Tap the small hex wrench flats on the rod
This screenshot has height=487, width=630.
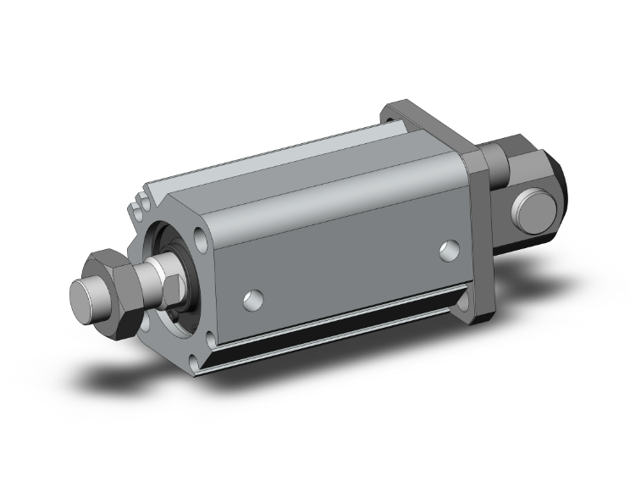169,279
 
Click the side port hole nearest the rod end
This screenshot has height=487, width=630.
251,297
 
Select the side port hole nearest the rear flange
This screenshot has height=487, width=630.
450,250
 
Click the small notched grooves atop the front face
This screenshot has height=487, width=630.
140,204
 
